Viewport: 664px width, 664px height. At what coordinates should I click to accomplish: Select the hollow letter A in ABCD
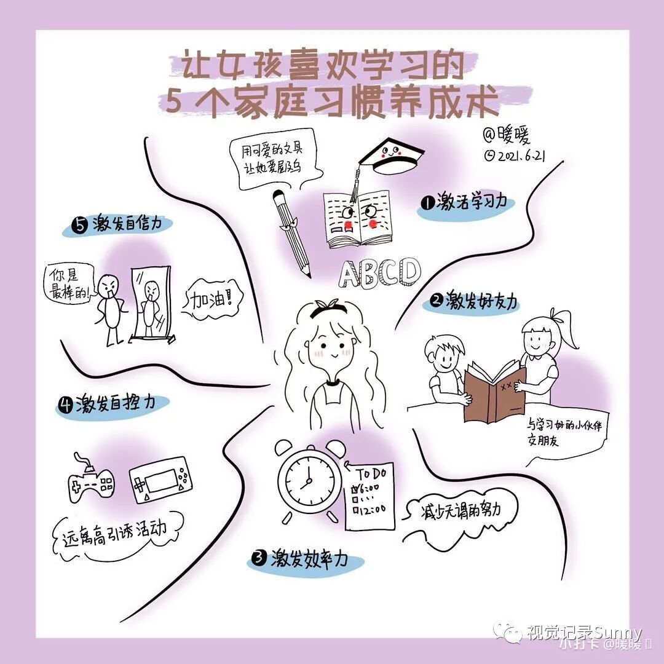[x=352, y=274]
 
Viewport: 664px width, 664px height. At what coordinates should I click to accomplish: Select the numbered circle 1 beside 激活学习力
[x=426, y=202]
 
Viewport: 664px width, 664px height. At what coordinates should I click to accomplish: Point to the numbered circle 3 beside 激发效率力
[x=259, y=558]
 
